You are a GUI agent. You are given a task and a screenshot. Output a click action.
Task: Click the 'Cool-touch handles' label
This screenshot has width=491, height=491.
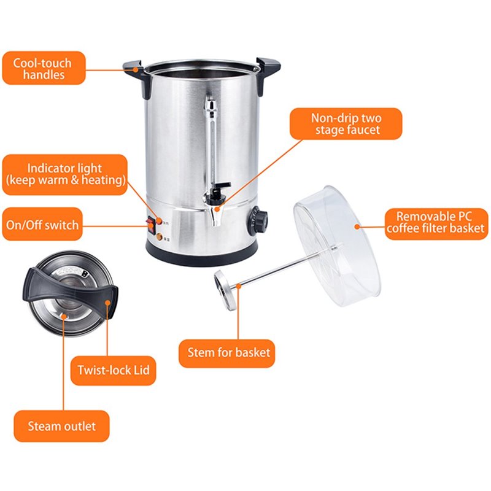44,68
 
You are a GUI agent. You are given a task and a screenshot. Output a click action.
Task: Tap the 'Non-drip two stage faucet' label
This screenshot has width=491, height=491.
346,124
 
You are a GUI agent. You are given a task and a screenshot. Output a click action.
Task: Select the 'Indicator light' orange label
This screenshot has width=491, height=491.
65,174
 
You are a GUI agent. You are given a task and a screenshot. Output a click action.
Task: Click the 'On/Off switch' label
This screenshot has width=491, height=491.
42,224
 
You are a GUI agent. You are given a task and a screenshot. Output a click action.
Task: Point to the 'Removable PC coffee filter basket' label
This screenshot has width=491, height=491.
436,223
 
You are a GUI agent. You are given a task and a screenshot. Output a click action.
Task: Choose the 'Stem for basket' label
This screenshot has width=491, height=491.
226,354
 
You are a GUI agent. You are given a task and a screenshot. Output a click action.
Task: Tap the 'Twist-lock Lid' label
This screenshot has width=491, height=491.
114,371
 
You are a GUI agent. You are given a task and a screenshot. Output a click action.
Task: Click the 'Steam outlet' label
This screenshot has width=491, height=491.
62,426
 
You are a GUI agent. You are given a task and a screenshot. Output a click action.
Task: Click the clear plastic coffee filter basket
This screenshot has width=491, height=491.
337,246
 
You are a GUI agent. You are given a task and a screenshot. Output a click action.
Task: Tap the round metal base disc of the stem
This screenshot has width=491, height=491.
225,290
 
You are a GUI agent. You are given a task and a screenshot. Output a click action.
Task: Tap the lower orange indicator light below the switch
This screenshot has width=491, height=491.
159,237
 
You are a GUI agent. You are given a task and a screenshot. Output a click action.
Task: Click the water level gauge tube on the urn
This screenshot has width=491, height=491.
213,144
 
